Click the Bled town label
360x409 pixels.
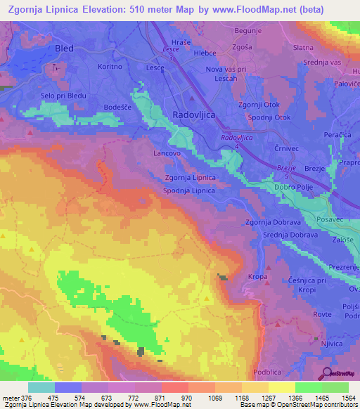click(x=64, y=48)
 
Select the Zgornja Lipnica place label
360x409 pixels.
click(x=190, y=178)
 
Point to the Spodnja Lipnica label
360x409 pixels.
click(x=189, y=190)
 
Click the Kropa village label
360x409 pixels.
click(x=258, y=277)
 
